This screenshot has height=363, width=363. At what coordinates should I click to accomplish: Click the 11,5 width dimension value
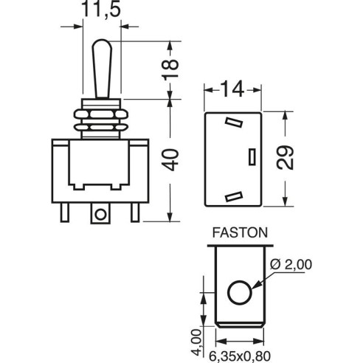101,9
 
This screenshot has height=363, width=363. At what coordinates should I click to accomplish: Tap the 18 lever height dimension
170,69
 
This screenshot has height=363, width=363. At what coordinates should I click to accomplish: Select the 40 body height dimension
170,160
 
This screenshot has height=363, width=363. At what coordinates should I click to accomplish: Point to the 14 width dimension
232,90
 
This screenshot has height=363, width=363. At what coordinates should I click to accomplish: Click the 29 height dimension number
285,158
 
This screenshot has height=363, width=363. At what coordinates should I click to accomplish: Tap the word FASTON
240,232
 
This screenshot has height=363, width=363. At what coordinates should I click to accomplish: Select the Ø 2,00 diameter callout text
291,265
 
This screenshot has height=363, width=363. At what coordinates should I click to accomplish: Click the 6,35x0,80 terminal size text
240,356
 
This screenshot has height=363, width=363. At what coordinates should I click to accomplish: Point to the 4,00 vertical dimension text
196,342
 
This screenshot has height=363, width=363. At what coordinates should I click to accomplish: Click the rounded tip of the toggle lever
102,42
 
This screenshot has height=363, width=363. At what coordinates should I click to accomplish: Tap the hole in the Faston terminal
240,292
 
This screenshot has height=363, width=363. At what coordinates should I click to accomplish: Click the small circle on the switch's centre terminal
100,215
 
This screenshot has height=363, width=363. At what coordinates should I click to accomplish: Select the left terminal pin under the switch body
65,212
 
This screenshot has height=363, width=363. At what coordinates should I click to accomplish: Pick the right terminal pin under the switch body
135,212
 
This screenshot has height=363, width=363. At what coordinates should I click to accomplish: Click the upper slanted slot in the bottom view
234,122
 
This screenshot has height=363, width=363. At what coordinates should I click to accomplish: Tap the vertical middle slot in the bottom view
252,156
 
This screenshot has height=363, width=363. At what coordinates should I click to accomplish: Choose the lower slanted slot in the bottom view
234,196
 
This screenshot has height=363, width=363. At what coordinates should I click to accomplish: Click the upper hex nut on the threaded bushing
101,114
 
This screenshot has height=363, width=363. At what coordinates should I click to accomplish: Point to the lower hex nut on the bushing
101,128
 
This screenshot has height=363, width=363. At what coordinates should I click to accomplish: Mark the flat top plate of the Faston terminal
240,246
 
